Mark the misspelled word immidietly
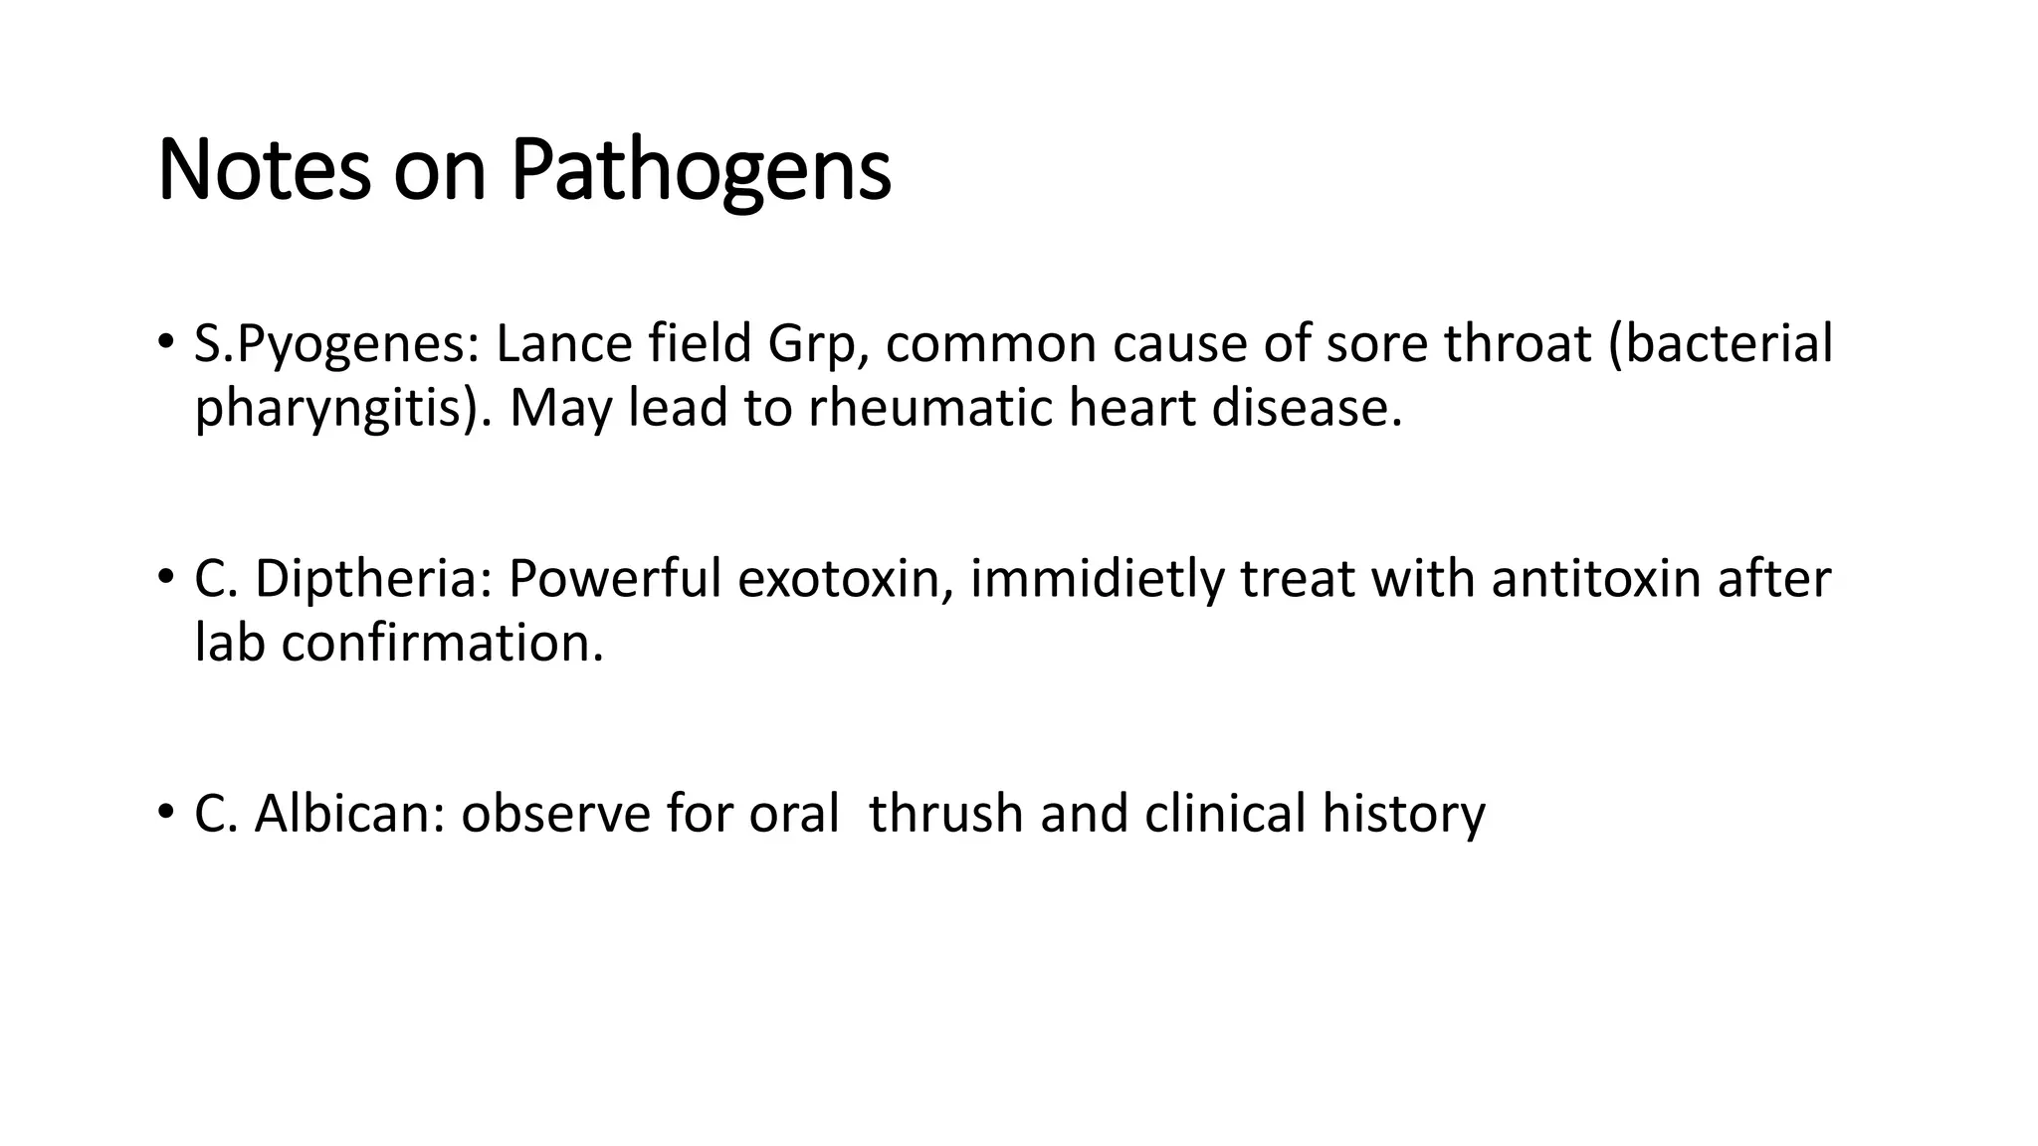coord(1097,580)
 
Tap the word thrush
coord(946,814)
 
